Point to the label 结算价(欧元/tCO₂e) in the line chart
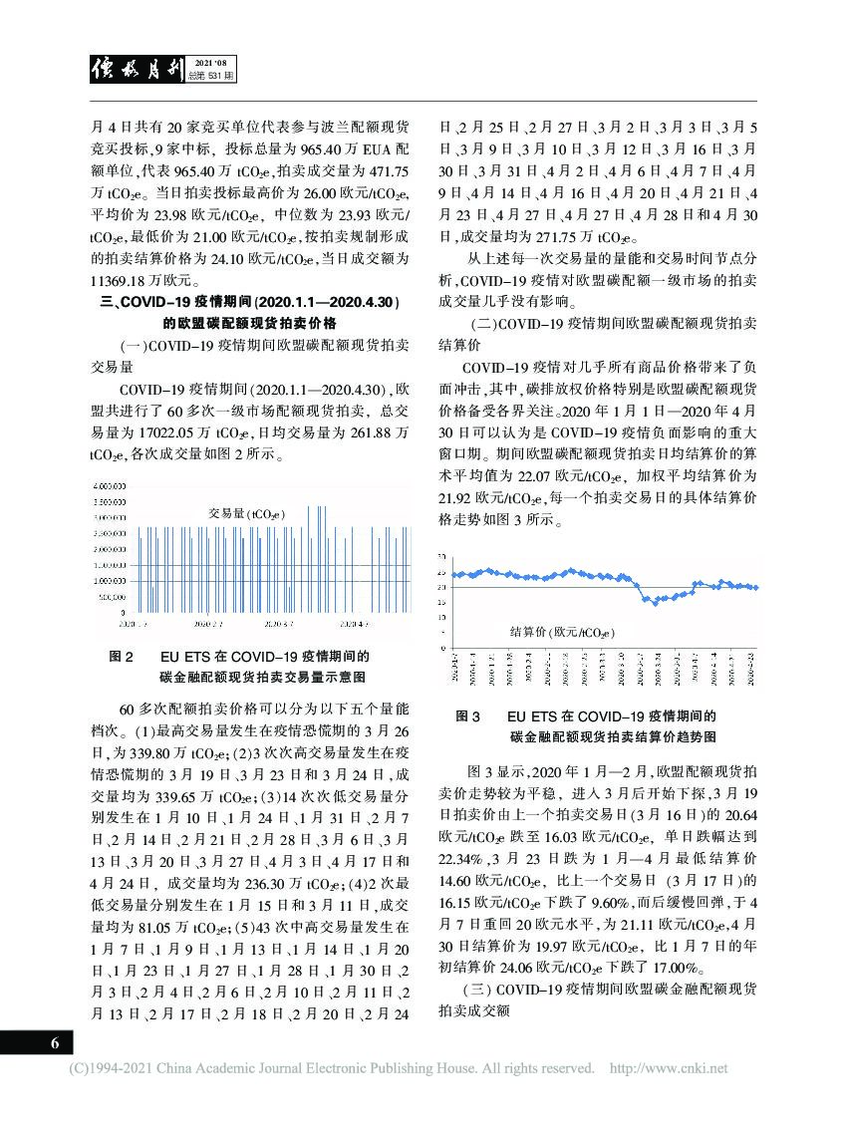[x=561, y=632]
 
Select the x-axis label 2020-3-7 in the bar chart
[x=278, y=623]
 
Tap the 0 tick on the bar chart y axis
[x=123, y=612]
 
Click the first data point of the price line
[x=454, y=575]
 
